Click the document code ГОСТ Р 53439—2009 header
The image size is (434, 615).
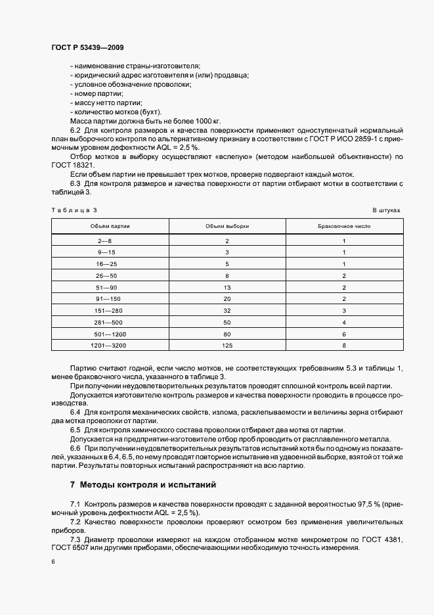click(87, 48)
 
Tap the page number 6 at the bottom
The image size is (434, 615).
click(53, 561)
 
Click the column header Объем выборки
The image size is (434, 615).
click(227, 225)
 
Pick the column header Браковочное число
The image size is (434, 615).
click(344, 225)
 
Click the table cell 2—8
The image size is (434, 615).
click(105, 241)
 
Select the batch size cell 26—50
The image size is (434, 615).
click(105, 275)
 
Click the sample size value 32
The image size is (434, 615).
click(227, 309)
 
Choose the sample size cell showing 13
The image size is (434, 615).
click(227, 286)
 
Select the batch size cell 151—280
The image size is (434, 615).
click(105, 309)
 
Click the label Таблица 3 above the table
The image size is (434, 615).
click(74, 210)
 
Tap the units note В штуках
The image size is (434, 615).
click(386, 210)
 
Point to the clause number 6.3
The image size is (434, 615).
click(76, 183)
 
